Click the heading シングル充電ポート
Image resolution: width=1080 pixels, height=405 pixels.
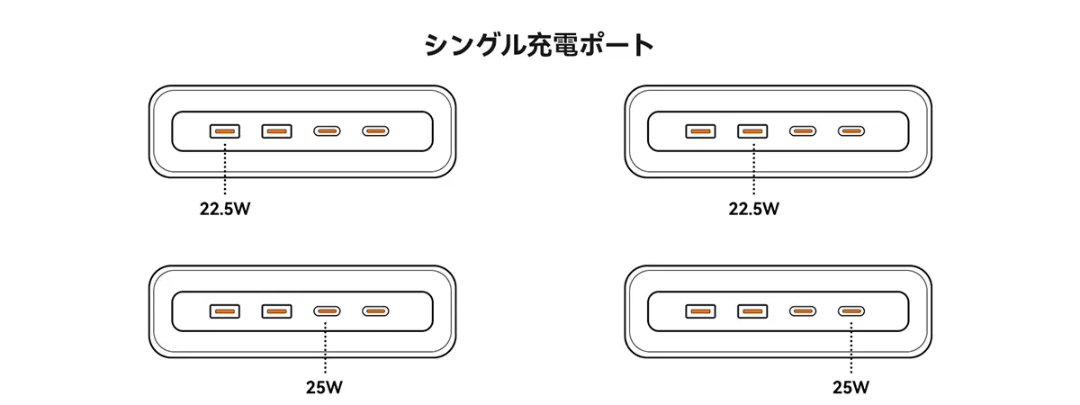pyautogui.click(x=539, y=45)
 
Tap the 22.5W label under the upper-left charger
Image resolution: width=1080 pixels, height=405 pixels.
pyautogui.click(x=225, y=209)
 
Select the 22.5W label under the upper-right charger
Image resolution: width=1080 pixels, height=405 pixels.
pyautogui.click(x=753, y=209)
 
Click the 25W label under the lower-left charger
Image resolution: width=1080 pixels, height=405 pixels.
pyautogui.click(x=325, y=387)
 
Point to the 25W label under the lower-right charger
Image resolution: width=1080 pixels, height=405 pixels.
pyautogui.click(x=851, y=387)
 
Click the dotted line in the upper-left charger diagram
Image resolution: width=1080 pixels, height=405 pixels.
pyautogui.click(x=225, y=169)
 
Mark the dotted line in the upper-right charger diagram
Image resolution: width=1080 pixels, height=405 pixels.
pyautogui.click(x=753, y=169)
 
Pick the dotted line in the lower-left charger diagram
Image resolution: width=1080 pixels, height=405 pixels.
pyautogui.click(x=326, y=347)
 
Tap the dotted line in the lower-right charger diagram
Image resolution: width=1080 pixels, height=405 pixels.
pyautogui.click(x=851, y=347)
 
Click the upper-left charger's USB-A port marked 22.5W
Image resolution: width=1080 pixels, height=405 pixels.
pyautogui.click(x=225, y=131)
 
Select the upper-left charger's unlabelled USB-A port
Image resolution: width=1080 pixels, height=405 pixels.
pyautogui.click(x=277, y=131)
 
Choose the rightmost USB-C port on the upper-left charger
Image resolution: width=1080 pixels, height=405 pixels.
pyautogui.click(x=375, y=131)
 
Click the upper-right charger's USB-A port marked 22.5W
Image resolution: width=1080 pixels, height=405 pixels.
pyautogui.click(x=752, y=131)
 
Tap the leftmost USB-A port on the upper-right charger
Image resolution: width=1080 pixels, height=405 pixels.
pyautogui.click(x=700, y=131)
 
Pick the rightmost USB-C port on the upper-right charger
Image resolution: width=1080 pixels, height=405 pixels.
pyautogui.click(x=851, y=131)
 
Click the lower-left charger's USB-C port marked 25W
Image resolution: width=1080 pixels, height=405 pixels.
pyautogui.click(x=327, y=311)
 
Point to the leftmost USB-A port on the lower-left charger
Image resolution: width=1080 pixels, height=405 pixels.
pyautogui.click(x=225, y=311)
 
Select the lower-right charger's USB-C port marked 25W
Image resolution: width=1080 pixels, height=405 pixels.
pyautogui.click(x=851, y=311)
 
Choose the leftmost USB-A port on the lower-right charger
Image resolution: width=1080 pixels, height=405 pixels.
pyautogui.click(x=700, y=311)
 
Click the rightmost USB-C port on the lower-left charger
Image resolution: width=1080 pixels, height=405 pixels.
pyautogui.click(x=375, y=311)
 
